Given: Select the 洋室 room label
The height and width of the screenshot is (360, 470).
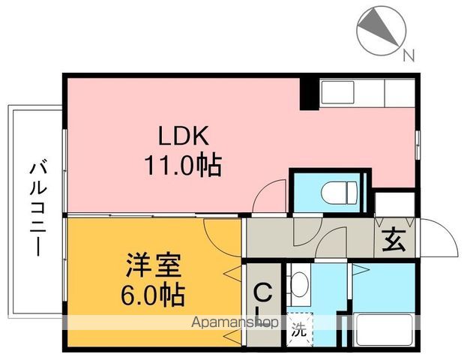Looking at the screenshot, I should point(154,266).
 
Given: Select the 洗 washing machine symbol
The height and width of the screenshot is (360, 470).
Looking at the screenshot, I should point(298,328).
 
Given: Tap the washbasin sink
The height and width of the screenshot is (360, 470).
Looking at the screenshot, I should point(298,283).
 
